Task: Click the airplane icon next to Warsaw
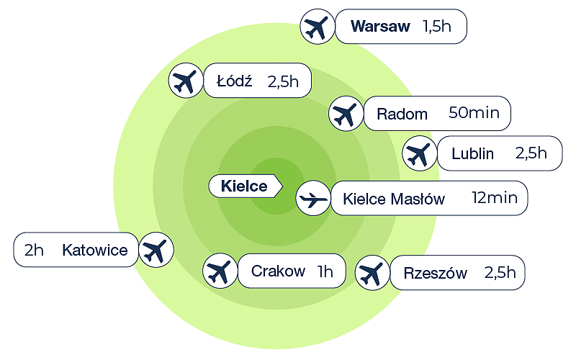316,27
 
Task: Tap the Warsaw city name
380,27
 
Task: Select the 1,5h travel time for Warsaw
436,27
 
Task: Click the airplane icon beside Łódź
186,81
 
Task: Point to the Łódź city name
234,81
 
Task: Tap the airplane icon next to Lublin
418,153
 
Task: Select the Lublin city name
472,153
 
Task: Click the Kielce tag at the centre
243,186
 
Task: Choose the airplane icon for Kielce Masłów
313,198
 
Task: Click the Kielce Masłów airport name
394,199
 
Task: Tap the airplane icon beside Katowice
155,250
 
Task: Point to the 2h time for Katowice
34,251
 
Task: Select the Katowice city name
95,251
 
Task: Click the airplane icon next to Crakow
220,271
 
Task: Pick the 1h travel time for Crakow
325,271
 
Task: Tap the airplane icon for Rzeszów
372,273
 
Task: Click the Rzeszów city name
435,274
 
